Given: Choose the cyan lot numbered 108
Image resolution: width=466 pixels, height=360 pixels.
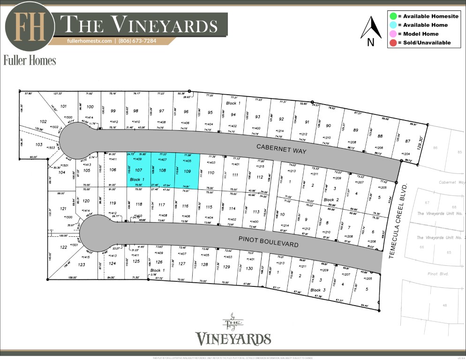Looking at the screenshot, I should tap(163, 171).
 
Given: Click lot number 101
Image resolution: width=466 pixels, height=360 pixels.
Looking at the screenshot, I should tap(64, 106).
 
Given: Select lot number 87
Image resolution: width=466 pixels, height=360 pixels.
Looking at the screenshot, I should tap(407, 141).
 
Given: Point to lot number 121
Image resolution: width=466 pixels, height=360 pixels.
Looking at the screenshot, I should tap(63, 209).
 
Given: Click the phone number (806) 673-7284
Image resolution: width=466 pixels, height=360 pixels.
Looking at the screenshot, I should tap(137, 41).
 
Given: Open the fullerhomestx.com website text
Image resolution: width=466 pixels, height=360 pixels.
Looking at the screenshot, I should tap(90, 41).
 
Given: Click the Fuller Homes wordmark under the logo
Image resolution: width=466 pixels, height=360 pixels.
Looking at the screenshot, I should tap(30, 60).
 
